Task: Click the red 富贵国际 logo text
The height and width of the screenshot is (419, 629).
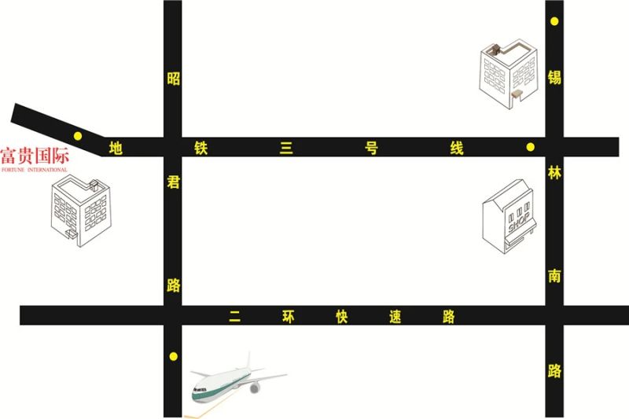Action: [x=35, y=156]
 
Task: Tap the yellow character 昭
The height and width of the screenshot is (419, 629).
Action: [x=173, y=79]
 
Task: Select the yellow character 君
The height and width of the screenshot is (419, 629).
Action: [x=173, y=182]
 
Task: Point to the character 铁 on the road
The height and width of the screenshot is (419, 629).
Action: [x=201, y=148]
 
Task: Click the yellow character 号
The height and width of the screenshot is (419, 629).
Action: [x=371, y=148]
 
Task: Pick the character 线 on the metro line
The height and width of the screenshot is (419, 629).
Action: [x=457, y=148]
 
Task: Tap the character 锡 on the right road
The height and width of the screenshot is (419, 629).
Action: [x=554, y=77]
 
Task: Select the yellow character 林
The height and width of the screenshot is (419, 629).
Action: [x=554, y=173]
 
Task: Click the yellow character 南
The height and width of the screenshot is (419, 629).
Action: [x=554, y=276]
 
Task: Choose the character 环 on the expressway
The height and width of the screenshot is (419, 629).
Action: [x=289, y=317]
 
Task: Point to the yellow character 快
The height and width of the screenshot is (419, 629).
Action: [x=342, y=317]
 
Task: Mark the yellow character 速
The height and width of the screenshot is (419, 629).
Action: [x=395, y=317]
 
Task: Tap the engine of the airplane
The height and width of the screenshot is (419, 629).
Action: [x=254, y=388]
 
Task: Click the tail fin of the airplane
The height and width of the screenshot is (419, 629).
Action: [x=249, y=361]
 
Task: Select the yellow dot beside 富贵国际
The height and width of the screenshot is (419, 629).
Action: [x=78, y=136]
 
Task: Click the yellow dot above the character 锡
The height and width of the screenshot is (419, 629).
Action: [x=554, y=21]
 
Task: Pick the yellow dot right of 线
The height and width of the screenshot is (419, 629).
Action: [x=530, y=147]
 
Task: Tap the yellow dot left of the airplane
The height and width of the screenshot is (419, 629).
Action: [x=173, y=356]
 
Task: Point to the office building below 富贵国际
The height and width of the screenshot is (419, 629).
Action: [x=81, y=212]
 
